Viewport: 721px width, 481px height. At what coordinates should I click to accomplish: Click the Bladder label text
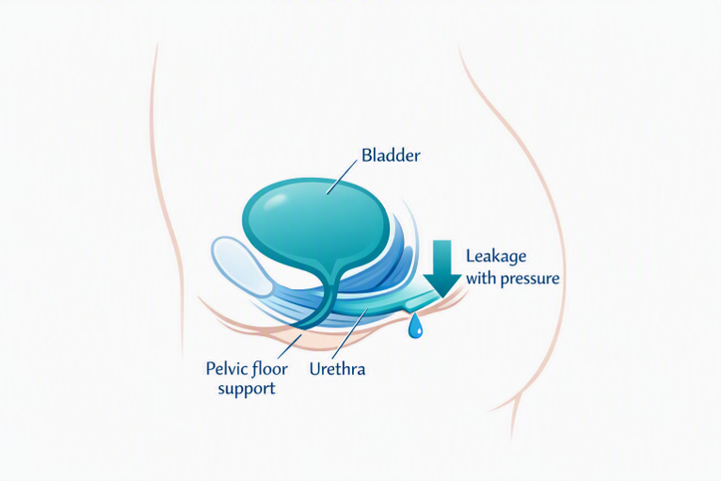(x=391, y=155)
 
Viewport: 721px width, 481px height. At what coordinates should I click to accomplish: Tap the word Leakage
(x=496, y=257)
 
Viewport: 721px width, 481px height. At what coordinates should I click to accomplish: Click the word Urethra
(x=338, y=369)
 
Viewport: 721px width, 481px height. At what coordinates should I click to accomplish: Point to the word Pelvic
(x=224, y=368)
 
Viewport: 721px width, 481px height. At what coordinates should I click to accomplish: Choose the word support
(x=247, y=389)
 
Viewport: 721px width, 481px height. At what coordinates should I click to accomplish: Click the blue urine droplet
(x=416, y=326)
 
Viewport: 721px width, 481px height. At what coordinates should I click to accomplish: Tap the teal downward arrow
(x=441, y=268)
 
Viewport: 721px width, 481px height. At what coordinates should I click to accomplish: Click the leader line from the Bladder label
(x=342, y=177)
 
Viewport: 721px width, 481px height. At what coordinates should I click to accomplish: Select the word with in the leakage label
(x=481, y=278)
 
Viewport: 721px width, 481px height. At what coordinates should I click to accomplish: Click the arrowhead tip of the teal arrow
(x=442, y=297)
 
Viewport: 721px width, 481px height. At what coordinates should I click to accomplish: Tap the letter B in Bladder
(x=366, y=155)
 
